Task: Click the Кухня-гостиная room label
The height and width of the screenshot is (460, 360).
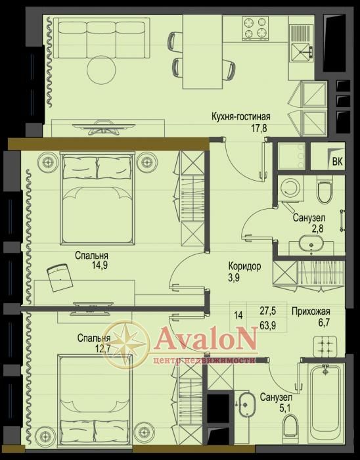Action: click(241, 116)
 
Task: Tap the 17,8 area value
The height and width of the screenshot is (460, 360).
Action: click(259, 128)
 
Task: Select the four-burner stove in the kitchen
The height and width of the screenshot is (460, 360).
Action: click(255, 28)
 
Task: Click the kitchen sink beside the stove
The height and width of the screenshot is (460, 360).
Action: click(302, 43)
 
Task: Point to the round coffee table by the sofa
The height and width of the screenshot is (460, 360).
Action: click(101, 70)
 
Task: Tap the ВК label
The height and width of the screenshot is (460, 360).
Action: click(338, 162)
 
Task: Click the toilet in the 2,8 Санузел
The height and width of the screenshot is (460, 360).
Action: click(325, 191)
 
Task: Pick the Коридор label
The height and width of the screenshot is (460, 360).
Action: click(244, 266)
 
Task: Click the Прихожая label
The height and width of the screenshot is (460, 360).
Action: click(311, 311)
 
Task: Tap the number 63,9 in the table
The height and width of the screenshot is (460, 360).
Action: click(267, 325)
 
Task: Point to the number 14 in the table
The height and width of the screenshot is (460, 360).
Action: click(238, 315)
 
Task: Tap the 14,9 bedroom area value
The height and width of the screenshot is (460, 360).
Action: click(100, 265)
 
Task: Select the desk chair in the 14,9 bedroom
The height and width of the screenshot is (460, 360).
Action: click(60, 277)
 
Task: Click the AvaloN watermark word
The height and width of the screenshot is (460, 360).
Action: click(205, 339)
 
